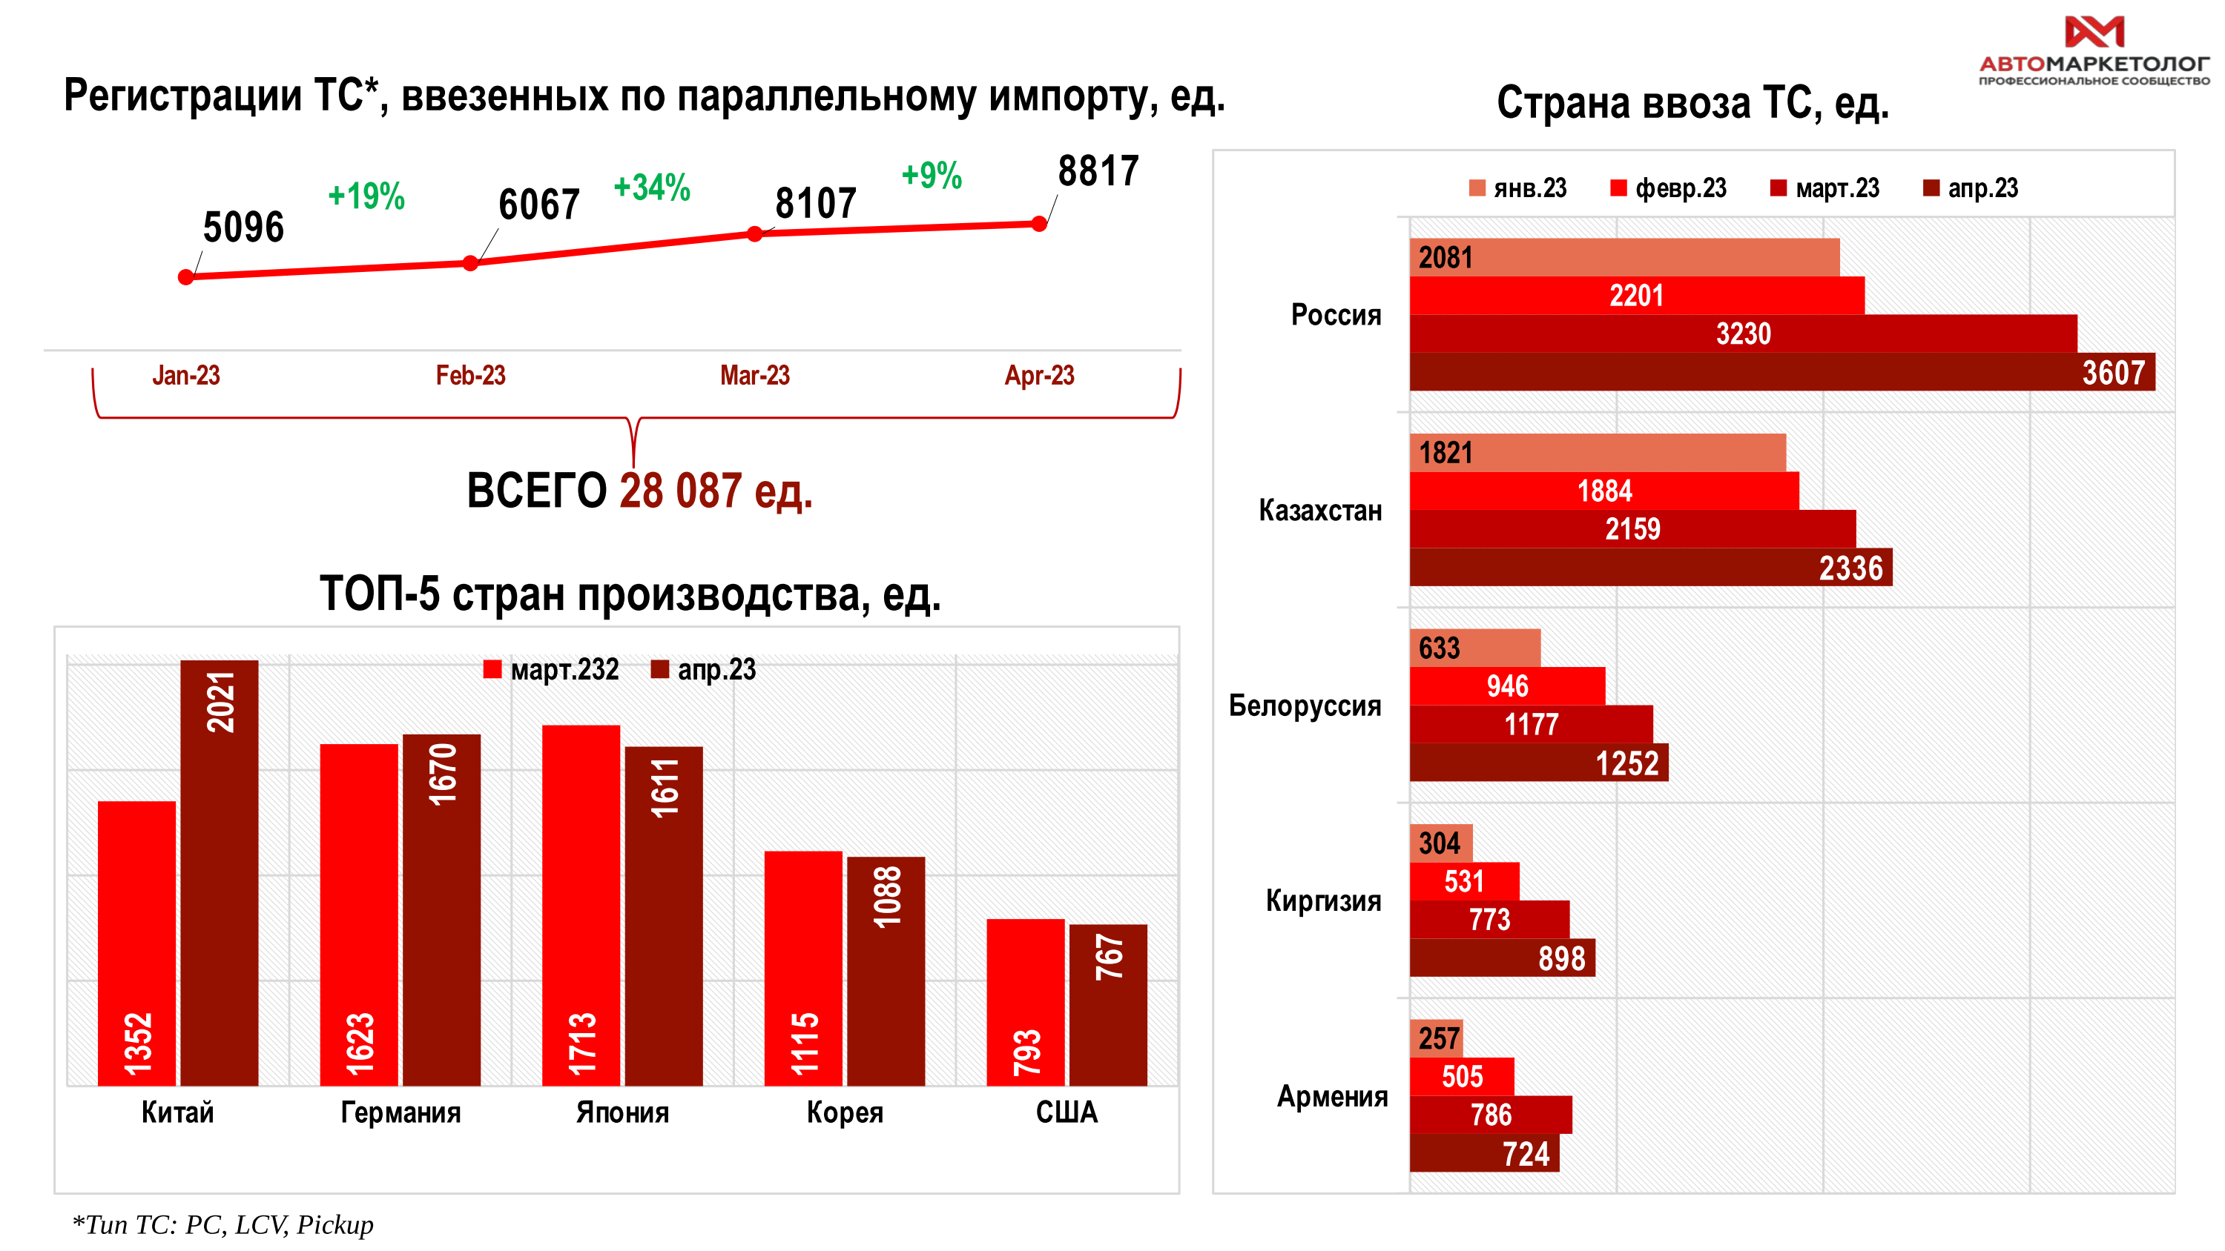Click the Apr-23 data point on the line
[1039, 224]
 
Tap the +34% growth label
[651, 188]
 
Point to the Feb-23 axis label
[470, 375]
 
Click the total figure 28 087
[680, 491]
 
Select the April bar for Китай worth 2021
[220, 872]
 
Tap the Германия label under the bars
[400, 1112]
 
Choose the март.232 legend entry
[553, 669]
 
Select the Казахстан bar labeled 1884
[1604, 491]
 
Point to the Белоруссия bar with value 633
[1474, 648]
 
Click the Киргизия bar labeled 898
[1502, 958]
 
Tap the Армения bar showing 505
[1461, 1077]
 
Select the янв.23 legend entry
[1517, 188]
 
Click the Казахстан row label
[1320, 510]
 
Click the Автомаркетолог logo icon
[2094, 32]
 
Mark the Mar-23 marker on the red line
[755, 234]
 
